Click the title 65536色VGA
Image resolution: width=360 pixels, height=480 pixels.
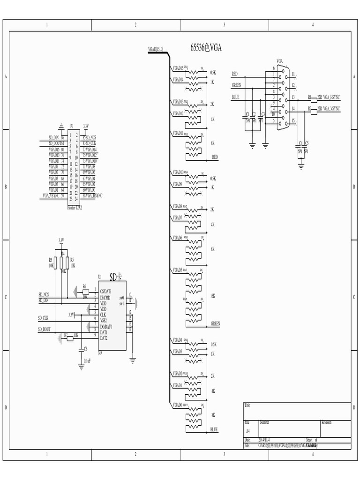[206, 48]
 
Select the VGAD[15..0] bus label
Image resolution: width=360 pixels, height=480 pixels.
[156, 48]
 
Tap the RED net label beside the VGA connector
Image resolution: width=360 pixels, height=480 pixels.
[235, 74]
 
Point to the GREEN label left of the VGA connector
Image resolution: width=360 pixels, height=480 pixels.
[237, 85]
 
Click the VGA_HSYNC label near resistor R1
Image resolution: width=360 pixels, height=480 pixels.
[332, 97]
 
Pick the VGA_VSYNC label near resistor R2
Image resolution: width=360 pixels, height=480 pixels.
[332, 108]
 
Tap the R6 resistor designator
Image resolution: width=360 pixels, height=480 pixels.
[84, 285]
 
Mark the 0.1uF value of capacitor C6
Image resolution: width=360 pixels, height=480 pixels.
[87, 360]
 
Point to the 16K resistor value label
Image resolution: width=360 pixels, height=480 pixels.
[213, 296]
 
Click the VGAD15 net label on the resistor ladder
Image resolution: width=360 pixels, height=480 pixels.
[178, 68]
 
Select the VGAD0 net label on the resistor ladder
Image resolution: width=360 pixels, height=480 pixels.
[177, 405]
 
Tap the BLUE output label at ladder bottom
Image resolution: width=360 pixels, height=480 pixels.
[214, 429]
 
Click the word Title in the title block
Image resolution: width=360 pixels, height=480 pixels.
[247, 405]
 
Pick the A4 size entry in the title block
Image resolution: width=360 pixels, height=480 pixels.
[247, 430]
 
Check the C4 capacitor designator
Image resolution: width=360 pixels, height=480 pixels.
[301, 143]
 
